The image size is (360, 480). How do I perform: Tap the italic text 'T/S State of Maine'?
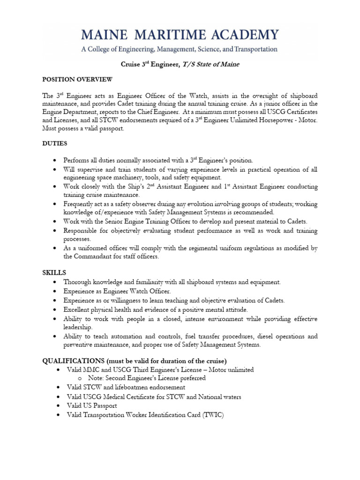[x=213, y=64]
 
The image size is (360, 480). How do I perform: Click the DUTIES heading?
[x=54, y=143]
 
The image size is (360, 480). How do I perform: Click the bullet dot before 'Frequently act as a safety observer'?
[x=56, y=204]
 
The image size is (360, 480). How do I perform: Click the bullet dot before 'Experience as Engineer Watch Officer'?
[x=56, y=292]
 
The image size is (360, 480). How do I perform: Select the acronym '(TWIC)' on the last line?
[x=214, y=415]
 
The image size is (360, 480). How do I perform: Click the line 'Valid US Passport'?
[x=92, y=405]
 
